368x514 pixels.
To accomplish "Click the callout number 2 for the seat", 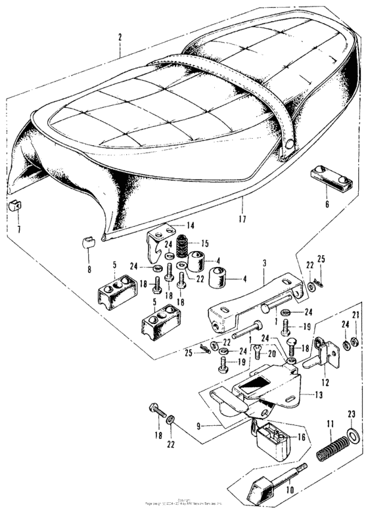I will click(x=120, y=37).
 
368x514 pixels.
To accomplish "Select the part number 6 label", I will click(x=327, y=204).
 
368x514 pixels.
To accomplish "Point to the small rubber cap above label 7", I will click(x=16, y=207).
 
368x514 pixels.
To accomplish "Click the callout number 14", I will click(x=191, y=226).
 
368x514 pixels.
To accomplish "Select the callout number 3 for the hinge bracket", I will click(x=264, y=264).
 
